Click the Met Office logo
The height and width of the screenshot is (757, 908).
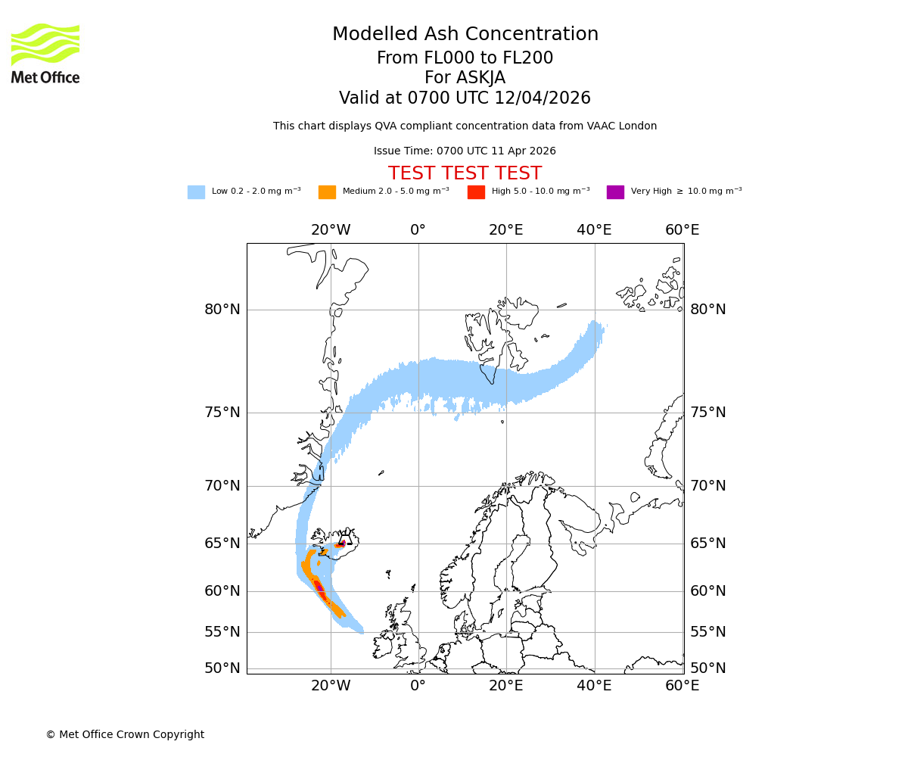click(45, 53)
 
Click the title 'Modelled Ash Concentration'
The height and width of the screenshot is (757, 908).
click(465, 35)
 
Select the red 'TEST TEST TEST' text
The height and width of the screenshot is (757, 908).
click(465, 173)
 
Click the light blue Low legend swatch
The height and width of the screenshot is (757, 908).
click(196, 192)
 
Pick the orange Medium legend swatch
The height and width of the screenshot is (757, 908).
click(327, 192)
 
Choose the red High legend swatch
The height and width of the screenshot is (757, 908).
click(476, 192)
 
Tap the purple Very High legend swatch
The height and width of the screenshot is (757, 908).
click(615, 192)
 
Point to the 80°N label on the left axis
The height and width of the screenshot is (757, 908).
click(222, 310)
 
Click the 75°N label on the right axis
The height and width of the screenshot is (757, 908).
click(707, 413)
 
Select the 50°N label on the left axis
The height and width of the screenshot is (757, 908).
click(222, 668)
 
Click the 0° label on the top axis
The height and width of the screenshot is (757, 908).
click(418, 230)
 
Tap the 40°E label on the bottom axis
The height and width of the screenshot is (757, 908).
click(594, 687)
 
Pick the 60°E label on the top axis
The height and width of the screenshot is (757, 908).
click(682, 230)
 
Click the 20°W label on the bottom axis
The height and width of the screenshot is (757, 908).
click(331, 687)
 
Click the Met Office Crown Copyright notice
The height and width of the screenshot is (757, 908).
click(125, 735)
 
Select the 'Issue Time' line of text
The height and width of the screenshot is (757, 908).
click(465, 151)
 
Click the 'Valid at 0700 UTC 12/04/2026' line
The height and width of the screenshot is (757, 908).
click(465, 98)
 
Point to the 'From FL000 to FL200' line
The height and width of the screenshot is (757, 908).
click(465, 58)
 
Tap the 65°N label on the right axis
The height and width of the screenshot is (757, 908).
click(707, 544)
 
